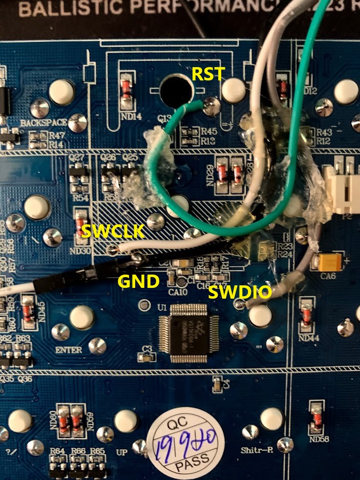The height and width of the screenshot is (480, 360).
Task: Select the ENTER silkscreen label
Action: pyautogui.click(x=69, y=351)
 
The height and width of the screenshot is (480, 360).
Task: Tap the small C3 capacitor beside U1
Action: pyautogui.click(x=144, y=355)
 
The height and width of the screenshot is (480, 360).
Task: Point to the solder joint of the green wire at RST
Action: pyautogui.click(x=209, y=106)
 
